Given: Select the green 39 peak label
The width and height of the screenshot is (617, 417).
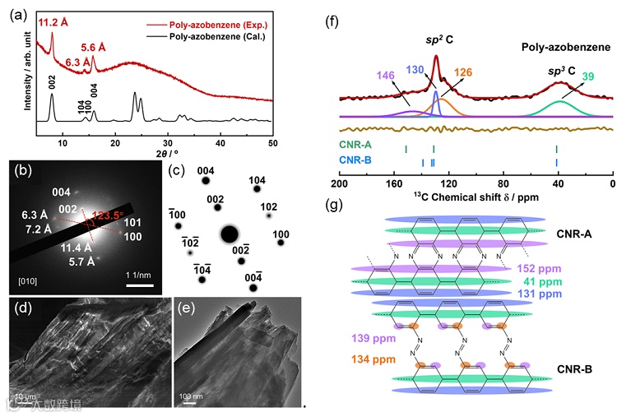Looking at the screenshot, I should [x=587, y=76].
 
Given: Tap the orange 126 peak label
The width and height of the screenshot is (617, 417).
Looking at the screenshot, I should [x=462, y=72].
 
